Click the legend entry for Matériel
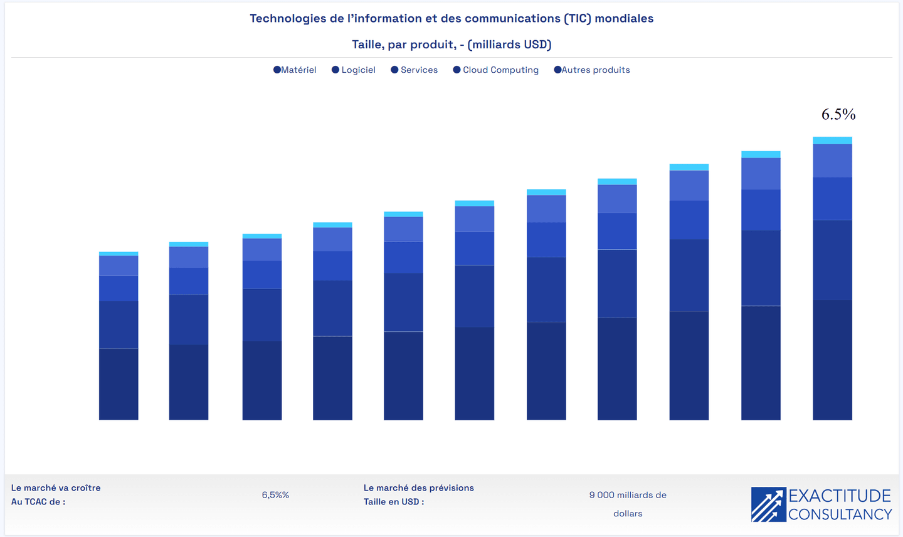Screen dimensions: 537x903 click(x=295, y=70)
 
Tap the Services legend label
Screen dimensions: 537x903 click(x=415, y=70)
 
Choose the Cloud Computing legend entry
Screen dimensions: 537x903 click(x=496, y=70)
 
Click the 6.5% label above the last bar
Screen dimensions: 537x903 click(x=838, y=114)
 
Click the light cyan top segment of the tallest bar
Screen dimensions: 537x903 click(x=832, y=141)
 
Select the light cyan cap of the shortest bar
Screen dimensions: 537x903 click(x=119, y=253)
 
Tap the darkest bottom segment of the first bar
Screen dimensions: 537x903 click(x=119, y=384)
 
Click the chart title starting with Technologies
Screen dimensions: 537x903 click(x=451, y=18)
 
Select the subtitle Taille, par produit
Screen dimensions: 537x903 click(x=451, y=45)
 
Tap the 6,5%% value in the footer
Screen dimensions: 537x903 click(x=275, y=495)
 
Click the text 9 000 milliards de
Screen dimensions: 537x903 click(x=628, y=495)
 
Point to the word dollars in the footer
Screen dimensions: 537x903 click(x=628, y=514)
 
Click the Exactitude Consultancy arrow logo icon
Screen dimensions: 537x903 click(x=768, y=505)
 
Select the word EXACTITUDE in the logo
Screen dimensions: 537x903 click(x=840, y=496)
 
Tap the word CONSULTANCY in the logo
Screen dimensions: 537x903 click(x=840, y=514)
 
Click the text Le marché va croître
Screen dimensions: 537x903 click(x=56, y=488)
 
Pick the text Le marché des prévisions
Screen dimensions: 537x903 click(x=419, y=488)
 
